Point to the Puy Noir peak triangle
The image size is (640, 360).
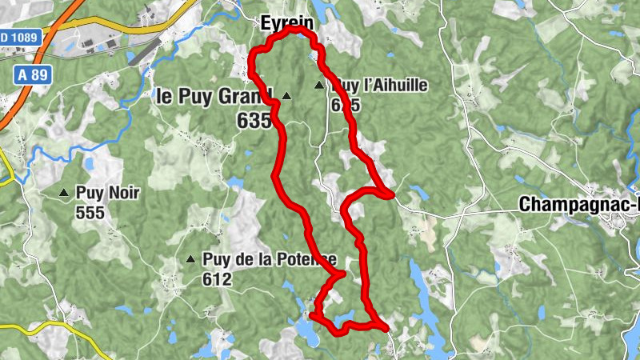pos(64,193)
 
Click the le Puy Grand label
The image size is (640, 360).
pos(214,96)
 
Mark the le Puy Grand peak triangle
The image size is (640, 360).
pos(286,96)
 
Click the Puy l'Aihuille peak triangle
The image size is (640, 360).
pos(320,85)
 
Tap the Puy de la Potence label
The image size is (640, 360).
pos(270,259)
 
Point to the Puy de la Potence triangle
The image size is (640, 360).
pos(190,259)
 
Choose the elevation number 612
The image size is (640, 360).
pos(217,279)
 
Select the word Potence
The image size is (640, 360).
pos(306,259)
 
